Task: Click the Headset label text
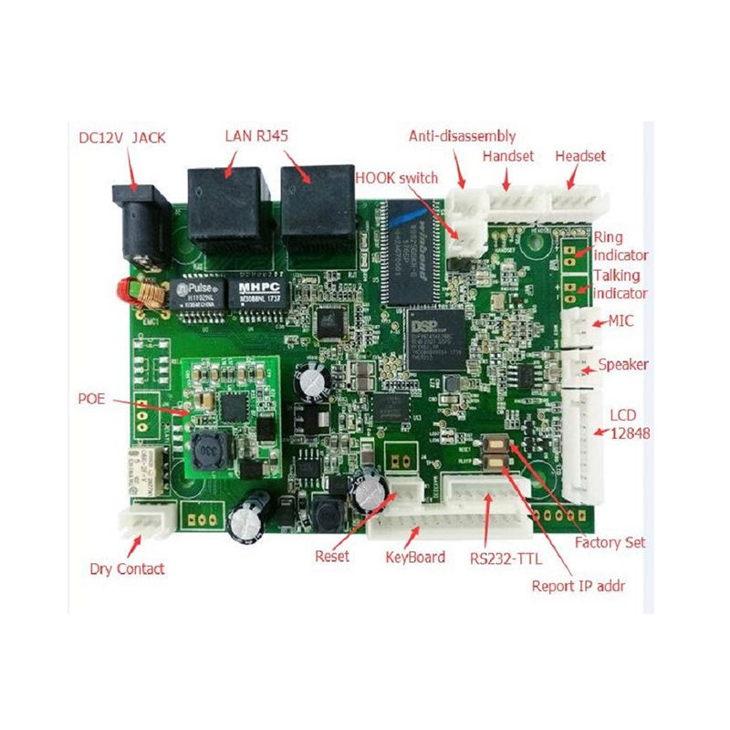click(x=580, y=157)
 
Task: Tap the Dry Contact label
click(x=128, y=568)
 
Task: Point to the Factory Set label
click(x=610, y=542)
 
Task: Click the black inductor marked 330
click(x=212, y=451)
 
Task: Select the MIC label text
click(x=621, y=321)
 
